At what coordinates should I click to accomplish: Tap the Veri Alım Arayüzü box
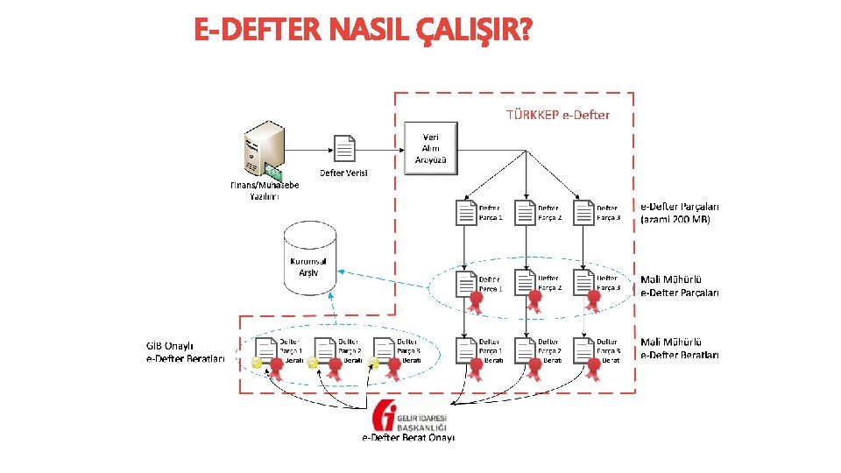[431, 148]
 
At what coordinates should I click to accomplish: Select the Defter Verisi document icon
[344, 149]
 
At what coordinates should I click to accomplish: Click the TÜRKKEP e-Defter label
[558, 115]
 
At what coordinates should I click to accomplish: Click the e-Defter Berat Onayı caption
[409, 438]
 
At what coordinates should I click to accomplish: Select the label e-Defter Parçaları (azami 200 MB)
[681, 213]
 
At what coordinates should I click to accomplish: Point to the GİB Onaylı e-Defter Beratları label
[186, 352]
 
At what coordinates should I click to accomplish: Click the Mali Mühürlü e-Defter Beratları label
[680, 349]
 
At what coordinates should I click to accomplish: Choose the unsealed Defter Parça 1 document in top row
[467, 213]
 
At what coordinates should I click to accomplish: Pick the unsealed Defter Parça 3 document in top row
[584, 213]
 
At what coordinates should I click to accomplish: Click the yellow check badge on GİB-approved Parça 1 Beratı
[256, 361]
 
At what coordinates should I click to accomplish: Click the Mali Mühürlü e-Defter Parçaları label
[680, 286]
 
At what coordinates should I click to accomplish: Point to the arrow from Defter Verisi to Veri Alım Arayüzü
[381, 150]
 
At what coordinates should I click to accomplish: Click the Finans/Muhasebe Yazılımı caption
[265, 191]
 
